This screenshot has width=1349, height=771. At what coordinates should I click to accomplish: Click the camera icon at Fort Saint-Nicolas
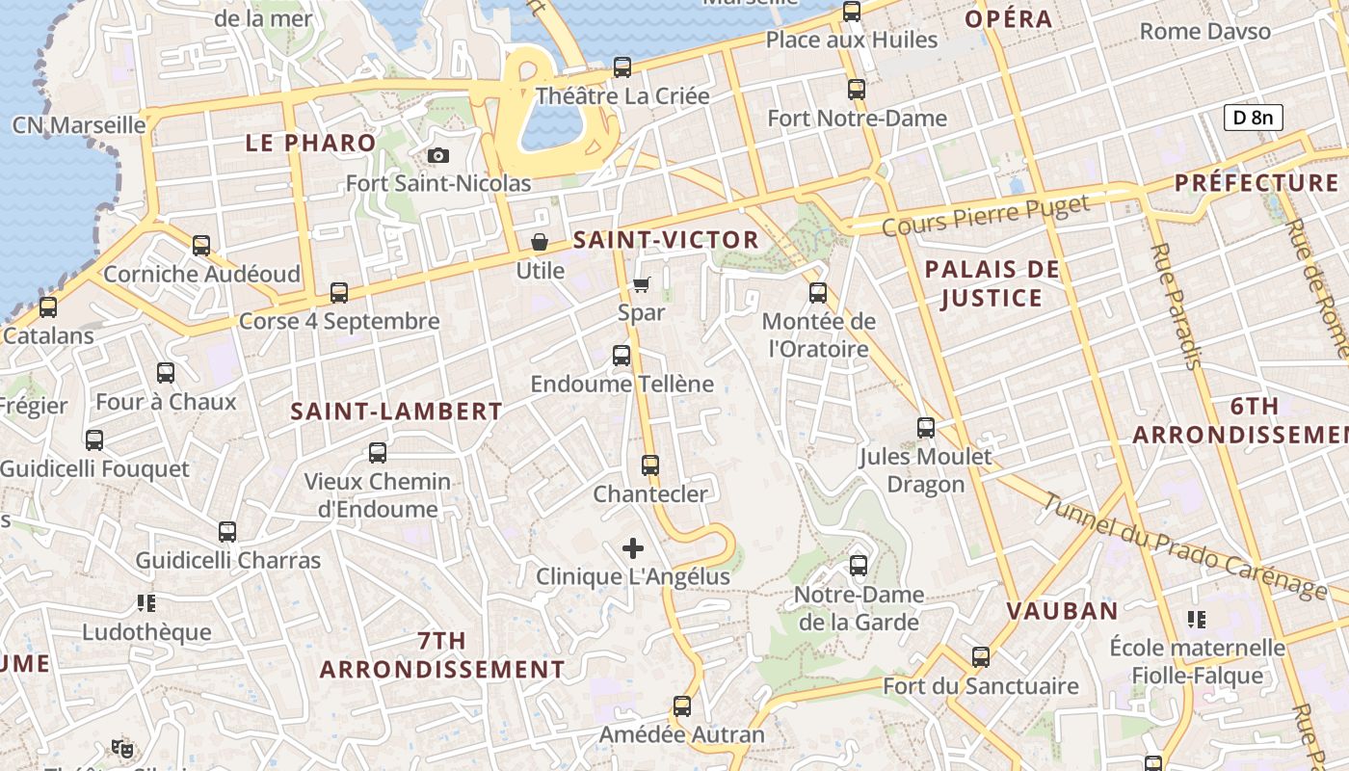(x=438, y=155)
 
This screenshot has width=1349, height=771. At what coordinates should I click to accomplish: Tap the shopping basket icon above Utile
(x=540, y=241)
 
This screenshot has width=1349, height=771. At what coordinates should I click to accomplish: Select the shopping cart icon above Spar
(x=641, y=284)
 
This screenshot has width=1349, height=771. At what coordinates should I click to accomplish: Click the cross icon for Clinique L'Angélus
(x=633, y=548)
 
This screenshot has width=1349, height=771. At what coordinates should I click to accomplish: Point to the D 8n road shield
(x=1254, y=118)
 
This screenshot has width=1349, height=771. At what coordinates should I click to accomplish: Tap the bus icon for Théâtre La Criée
(x=622, y=67)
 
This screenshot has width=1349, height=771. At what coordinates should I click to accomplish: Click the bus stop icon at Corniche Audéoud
(x=201, y=246)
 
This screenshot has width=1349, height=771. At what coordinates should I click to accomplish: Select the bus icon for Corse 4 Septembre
(x=339, y=293)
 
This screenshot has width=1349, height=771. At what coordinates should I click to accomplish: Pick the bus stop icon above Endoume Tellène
(x=622, y=356)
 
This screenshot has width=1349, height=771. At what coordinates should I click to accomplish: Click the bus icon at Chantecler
(x=650, y=465)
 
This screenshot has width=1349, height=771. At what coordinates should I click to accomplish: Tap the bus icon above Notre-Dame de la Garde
(x=859, y=566)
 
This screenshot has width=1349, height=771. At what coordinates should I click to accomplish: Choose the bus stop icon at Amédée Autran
(x=682, y=706)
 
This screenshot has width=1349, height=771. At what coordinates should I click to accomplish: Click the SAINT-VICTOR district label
(x=666, y=240)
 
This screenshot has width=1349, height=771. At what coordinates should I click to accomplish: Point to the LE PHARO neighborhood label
(x=310, y=143)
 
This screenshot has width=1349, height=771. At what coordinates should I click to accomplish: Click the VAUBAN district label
(x=1063, y=610)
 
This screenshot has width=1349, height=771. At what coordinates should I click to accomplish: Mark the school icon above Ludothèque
(x=146, y=603)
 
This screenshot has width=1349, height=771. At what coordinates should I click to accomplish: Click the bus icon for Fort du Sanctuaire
(x=981, y=657)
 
